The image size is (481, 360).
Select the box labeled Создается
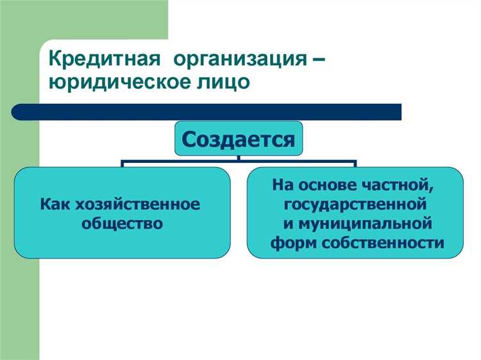(x=238, y=139)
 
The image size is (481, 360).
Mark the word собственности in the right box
(x=378, y=243)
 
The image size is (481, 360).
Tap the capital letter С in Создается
(x=190, y=139)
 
